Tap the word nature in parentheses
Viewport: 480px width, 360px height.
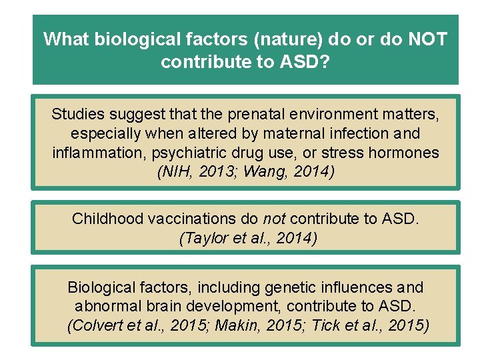[x=289, y=39]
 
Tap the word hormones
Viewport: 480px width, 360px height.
[x=405, y=153]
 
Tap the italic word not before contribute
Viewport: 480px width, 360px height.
[x=275, y=218]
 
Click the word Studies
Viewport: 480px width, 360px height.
[x=77, y=114]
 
